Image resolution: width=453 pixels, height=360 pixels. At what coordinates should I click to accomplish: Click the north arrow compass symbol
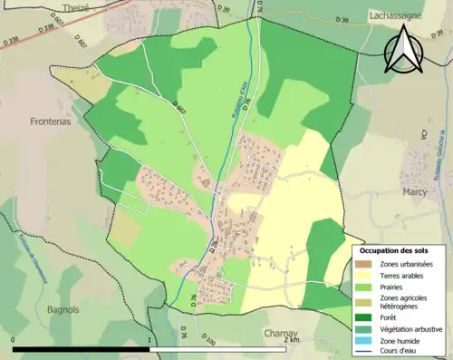[x=404, y=49]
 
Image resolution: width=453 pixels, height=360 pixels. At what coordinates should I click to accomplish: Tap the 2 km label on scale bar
[x=293, y=342]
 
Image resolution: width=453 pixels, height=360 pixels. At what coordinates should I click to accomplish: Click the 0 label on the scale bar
[x=14, y=342]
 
